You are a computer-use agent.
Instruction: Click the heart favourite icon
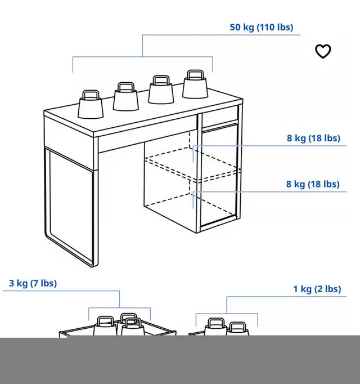[x=323, y=51]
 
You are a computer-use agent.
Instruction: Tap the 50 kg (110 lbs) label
[x=262, y=27]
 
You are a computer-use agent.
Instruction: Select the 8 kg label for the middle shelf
[x=313, y=138]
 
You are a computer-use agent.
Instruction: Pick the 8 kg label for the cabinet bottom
[x=313, y=184]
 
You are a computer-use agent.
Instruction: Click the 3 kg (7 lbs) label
[x=33, y=283]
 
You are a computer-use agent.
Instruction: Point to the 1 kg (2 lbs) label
[x=317, y=289]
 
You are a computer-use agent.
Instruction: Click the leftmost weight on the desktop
[x=91, y=105]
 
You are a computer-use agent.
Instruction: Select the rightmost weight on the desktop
[x=195, y=84]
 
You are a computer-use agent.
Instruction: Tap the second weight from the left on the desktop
[x=126, y=96]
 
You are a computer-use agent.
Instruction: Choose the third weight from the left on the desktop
[x=161, y=90]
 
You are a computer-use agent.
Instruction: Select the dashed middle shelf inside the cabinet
[x=192, y=164]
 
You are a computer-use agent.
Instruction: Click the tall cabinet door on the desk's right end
[x=219, y=175]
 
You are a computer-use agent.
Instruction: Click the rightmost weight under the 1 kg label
[x=237, y=329]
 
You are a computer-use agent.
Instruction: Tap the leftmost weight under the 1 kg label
[x=216, y=327]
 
